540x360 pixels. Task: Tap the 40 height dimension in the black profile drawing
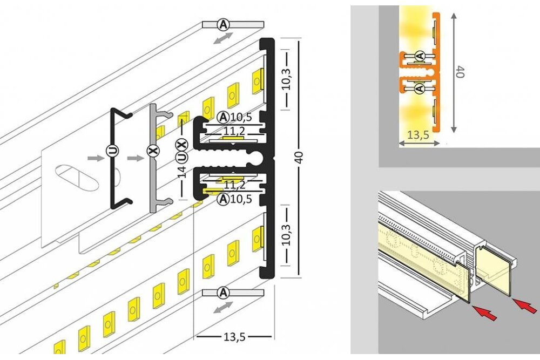(300, 157)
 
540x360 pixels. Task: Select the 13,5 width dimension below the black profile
(234, 337)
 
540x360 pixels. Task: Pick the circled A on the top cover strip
(222, 24)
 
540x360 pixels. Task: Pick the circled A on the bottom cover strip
(222, 292)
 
